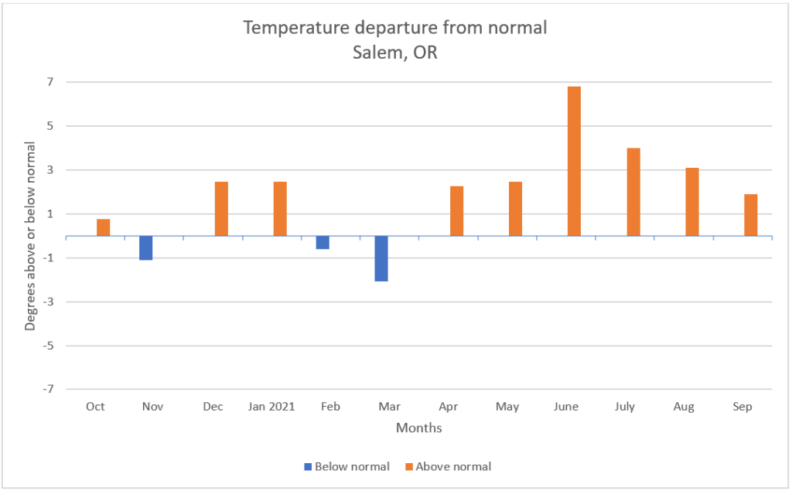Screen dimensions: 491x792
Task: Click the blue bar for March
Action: (x=381, y=258)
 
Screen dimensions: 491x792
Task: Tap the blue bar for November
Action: (x=145, y=248)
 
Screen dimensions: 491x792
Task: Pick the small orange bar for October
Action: (x=103, y=227)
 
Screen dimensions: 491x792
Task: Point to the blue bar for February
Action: (x=323, y=242)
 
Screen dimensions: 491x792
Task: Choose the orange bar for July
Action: (x=633, y=192)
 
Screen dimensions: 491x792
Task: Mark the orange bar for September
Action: (x=750, y=215)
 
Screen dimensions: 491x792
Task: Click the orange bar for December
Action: (x=221, y=209)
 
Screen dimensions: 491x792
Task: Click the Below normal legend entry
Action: (x=346, y=466)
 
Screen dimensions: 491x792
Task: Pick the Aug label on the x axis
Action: (x=684, y=407)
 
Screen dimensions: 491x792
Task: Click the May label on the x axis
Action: (x=507, y=407)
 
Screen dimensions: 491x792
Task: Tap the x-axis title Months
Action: (x=419, y=428)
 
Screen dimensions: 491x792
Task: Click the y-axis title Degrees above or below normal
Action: (x=30, y=236)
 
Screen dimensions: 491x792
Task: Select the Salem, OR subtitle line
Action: (x=395, y=54)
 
